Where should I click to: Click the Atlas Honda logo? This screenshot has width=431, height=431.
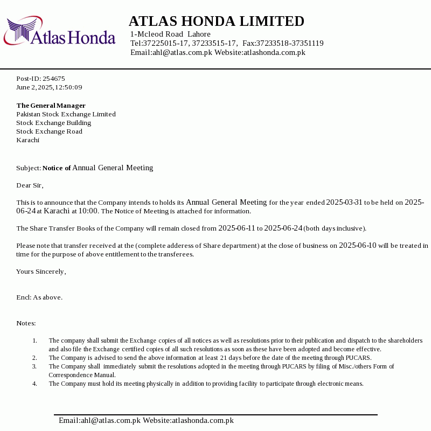tap(59, 31)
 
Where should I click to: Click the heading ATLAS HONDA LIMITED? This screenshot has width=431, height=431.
tap(216, 22)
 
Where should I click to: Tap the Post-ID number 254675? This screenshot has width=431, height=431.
tap(54, 79)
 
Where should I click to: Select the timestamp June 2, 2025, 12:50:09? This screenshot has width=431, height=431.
tap(49, 87)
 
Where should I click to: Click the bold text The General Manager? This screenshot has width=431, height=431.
tap(51, 106)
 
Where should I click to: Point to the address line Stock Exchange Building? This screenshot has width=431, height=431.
tap(53, 123)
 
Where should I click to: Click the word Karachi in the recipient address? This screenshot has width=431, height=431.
tap(27, 140)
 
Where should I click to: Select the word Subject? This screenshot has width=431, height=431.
tap(29, 168)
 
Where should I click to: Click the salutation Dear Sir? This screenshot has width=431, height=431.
tap(30, 185)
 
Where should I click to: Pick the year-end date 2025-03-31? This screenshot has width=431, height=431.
tap(344, 203)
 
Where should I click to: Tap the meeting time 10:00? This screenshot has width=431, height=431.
tap(88, 211)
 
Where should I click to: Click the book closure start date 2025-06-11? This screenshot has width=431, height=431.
tap(237, 228)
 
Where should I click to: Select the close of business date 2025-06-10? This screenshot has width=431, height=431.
tap(357, 246)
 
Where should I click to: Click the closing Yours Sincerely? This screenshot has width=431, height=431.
tap(41, 272)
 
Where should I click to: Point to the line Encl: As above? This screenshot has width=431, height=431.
tap(39, 297)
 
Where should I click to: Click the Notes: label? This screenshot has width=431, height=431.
tap(26, 323)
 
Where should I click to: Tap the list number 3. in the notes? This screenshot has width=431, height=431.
tap(34, 366)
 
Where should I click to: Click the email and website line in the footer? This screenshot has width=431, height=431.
tap(146, 421)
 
